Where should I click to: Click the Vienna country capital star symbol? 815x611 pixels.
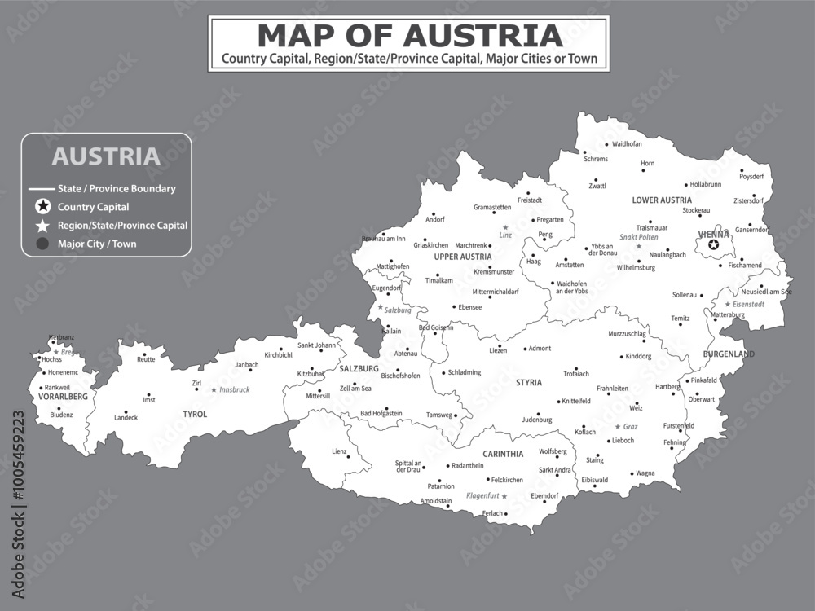tap(714, 244)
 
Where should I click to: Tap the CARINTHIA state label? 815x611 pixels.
tap(503, 454)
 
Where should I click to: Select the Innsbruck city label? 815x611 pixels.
tap(235, 390)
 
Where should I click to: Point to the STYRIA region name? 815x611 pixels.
tap(528, 382)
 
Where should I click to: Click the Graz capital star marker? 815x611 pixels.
tap(617, 426)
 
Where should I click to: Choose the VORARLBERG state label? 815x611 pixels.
tap(63, 397)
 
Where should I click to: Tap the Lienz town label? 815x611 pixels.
tap(338, 451)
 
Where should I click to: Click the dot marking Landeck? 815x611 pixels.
tap(126, 412)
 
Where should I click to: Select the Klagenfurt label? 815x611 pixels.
tap(482, 495)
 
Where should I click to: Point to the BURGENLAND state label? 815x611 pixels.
tap(729, 354)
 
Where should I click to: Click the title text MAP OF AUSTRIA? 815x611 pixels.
tap(409, 36)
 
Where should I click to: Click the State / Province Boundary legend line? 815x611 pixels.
tap(41, 189)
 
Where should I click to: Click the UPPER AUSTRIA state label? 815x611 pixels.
tap(463, 257)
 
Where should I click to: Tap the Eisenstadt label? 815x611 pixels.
tap(748, 304)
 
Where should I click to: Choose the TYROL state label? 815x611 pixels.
tap(195, 415)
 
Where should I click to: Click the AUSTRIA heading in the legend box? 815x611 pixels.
tap(106, 155)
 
